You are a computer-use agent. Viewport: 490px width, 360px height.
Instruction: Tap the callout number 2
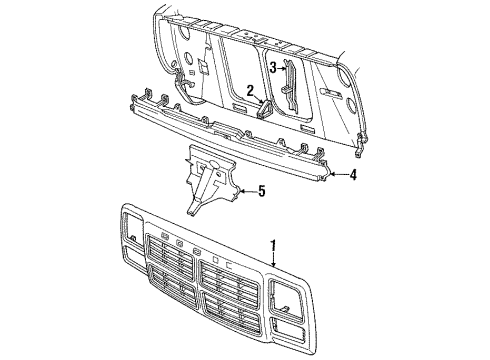click(x=250, y=91)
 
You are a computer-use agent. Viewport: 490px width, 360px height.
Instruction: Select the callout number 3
click(x=273, y=67)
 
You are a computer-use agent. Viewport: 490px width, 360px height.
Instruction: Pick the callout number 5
click(x=262, y=191)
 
